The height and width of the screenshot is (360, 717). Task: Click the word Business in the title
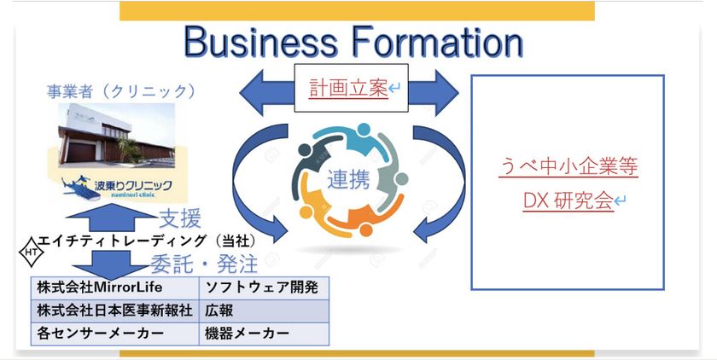pyautogui.click(x=260, y=42)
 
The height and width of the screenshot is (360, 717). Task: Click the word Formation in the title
pyautogui.click(x=438, y=42)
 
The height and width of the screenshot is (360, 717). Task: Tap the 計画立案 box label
pyautogui.click(x=348, y=88)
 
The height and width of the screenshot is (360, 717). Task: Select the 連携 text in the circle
pyautogui.click(x=348, y=181)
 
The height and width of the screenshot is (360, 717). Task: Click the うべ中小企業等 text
pyautogui.click(x=568, y=166)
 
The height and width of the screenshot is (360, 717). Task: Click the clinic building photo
pyautogui.click(x=116, y=136)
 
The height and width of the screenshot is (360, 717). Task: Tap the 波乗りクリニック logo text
pyautogui.click(x=133, y=185)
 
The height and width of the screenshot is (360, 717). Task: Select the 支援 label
pyautogui.click(x=180, y=219)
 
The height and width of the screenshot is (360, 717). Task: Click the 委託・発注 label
pyautogui.click(x=204, y=264)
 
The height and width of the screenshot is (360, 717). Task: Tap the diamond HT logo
pyautogui.click(x=31, y=252)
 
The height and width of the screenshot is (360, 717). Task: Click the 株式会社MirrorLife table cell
pyautogui.click(x=114, y=287)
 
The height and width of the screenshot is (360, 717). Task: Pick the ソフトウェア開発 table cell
pyautogui.click(x=264, y=287)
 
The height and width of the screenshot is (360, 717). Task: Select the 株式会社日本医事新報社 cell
pyautogui.click(x=114, y=311)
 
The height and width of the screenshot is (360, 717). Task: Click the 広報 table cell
pyautogui.click(x=264, y=311)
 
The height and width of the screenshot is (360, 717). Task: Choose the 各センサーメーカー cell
pyautogui.click(x=114, y=334)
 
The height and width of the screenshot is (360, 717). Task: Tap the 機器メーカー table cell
pyautogui.click(x=264, y=334)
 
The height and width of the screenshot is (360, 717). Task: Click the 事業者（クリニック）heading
pyautogui.click(x=121, y=92)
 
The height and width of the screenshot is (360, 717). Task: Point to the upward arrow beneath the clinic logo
pyautogui.click(x=110, y=218)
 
